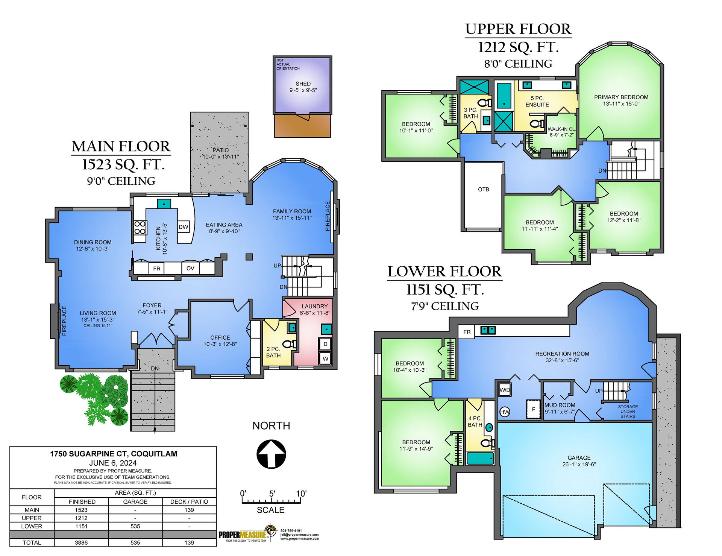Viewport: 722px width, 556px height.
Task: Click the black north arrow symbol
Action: coord(271,454)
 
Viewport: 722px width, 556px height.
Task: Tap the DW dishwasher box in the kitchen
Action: coord(184,226)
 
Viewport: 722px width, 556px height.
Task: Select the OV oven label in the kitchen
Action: coord(190,268)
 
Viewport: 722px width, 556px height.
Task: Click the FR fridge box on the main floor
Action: coord(157,268)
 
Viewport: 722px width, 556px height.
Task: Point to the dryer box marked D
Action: coord(325,344)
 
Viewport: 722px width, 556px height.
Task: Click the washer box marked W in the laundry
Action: coord(325,359)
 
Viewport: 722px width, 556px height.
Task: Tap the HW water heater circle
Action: coord(505,412)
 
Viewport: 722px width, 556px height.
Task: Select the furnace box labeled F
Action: coord(533,409)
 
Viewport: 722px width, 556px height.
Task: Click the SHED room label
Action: coord(303,84)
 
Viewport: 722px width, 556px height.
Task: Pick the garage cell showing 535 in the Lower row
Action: coord(135,526)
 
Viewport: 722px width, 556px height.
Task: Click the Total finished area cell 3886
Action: coord(81,542)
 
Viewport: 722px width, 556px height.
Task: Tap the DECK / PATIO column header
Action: coord(189,501)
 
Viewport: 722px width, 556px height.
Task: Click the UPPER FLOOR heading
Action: coord(518,29)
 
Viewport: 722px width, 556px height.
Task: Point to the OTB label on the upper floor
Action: coord(484,189)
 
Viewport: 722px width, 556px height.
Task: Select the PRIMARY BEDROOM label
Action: coord(621,97)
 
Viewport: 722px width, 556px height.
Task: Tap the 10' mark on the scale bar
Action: coord(301,493)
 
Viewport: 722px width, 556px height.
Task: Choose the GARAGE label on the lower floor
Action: coord(579,458)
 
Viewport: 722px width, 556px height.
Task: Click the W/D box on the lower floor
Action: coord(505,390)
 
